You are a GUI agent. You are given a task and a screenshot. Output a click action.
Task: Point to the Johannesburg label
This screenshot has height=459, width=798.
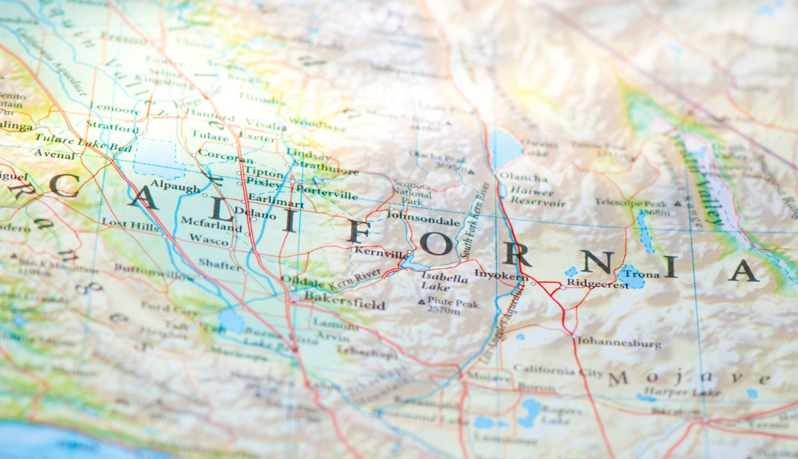point(618,343)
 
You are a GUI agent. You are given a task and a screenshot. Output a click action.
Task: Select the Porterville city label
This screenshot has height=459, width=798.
point(327,195)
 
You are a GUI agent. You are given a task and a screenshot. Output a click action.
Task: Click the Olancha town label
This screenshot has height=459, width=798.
point(523,177)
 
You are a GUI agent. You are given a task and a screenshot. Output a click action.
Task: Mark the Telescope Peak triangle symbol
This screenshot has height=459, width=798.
point(678,203)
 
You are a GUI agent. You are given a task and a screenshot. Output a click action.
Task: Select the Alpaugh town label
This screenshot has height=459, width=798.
point(175,188)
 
